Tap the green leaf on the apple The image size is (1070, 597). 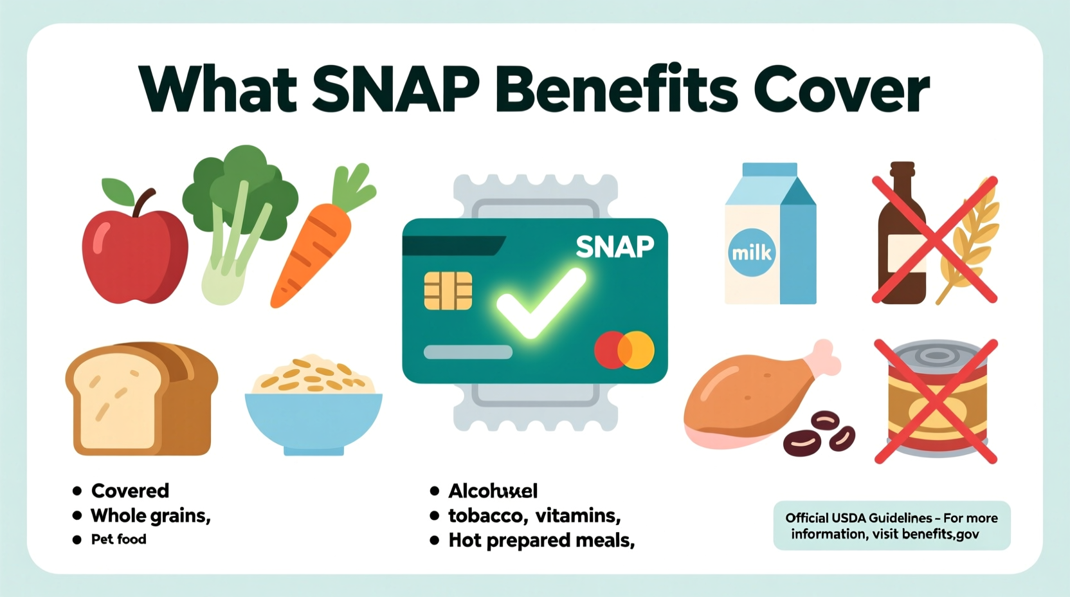pos(118,190)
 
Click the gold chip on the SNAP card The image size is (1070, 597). pos(448,291)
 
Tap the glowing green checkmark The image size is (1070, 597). pos(540,302)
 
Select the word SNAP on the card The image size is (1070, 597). pos(614,247)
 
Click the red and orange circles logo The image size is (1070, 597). pos(624,350)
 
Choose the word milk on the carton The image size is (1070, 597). pos(751,252)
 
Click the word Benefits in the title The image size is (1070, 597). pos(616,90)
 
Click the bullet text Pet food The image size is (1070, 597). pos(118,539)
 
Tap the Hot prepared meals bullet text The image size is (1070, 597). pos(541,540)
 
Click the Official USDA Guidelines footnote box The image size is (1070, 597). pos(891,526)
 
